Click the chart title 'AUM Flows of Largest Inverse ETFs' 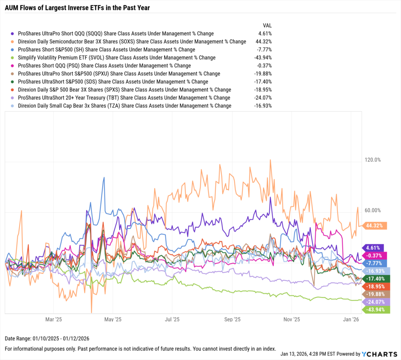click(77, 7)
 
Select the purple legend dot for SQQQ click(13, 34)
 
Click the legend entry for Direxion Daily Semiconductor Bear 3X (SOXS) click(132, 42)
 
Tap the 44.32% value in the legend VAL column click(264, 42)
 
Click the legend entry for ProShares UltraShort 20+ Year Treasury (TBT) click(124, 98)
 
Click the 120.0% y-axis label click(373, 160)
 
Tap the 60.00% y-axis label click(373, 210)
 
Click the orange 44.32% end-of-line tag click(375, 226)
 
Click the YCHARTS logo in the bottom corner click(378, 353)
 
